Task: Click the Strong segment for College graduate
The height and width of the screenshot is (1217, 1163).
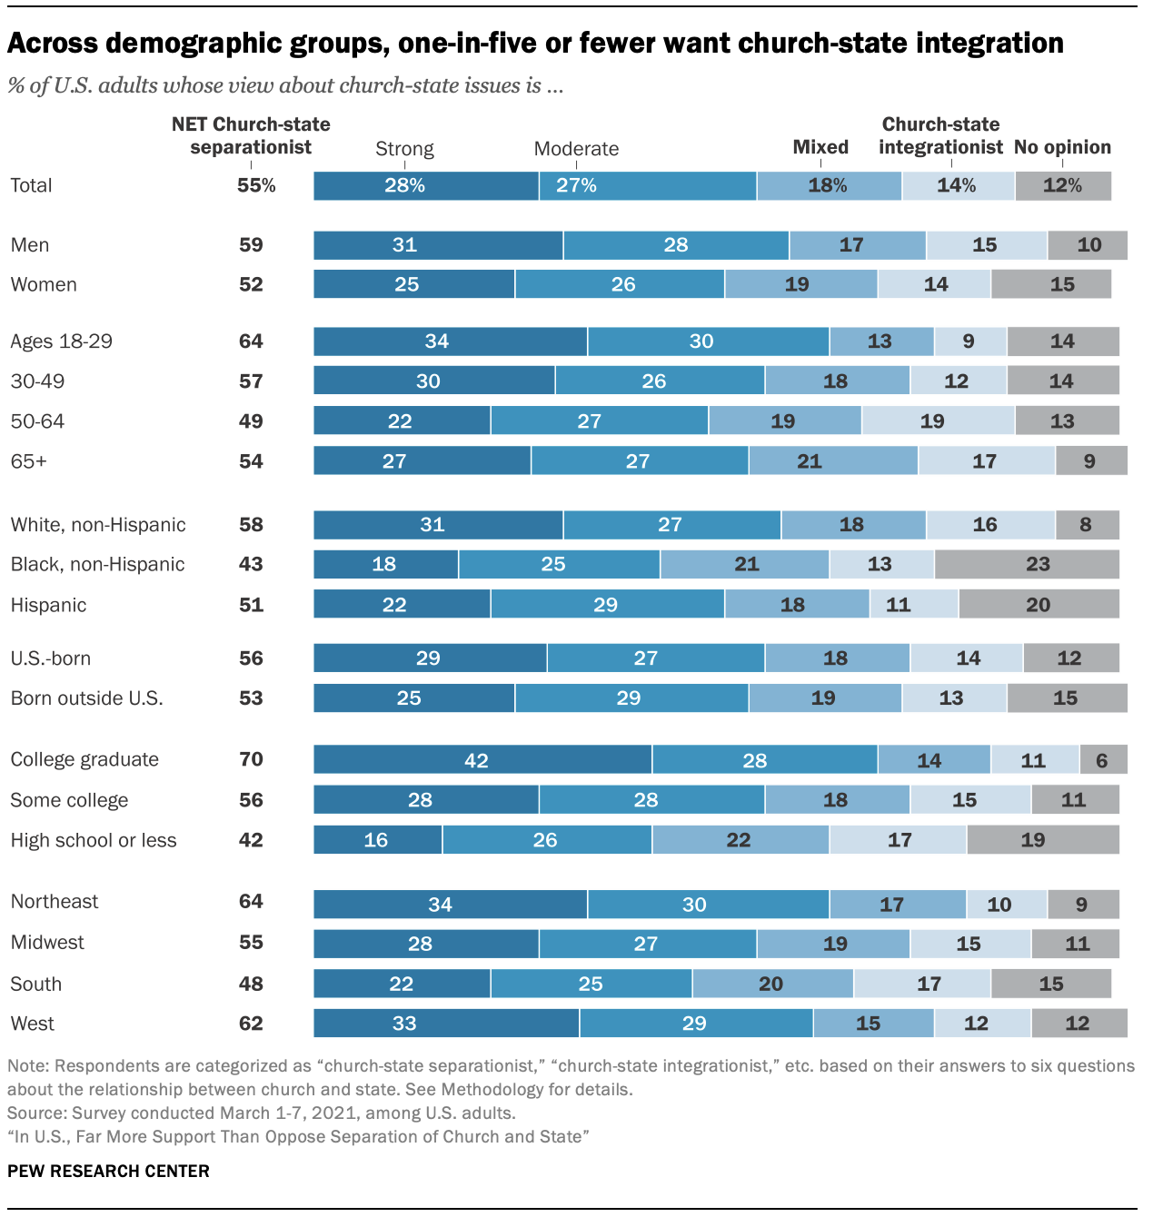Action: (x=482, y=759)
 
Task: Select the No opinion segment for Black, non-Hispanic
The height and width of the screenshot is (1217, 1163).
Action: (x=1027, y=564)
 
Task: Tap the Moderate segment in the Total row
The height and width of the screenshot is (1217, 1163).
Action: (x=647, y=185)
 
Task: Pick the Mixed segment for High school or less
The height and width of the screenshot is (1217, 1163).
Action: (x=741, y=840)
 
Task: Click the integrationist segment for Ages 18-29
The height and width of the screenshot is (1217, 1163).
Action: (x=969, y=341)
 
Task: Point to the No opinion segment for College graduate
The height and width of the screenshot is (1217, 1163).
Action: (x=1103, y=759)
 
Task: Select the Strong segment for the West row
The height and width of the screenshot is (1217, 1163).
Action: (x=446, y=1024)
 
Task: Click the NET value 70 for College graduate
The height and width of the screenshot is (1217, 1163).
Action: (x=251, y=759)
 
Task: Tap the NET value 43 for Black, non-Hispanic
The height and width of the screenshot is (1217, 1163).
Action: (x=251, y=564)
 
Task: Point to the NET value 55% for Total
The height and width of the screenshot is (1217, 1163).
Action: (x=256, y=185)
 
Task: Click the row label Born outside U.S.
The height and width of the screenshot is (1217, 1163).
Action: (x=87, y=698)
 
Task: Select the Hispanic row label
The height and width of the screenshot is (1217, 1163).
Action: (x=49, y=605)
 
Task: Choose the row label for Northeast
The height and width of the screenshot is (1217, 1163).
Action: (x=55, y=902)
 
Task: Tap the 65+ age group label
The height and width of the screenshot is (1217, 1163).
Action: (x=29, y=461)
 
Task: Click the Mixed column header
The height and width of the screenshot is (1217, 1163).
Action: (x=820, y=147)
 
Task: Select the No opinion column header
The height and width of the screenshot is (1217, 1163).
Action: (x=1062, y=147)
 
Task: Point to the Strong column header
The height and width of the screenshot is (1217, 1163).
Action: (x=404, y=149)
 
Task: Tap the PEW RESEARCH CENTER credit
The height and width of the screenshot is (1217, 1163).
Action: (x=108, y=1172)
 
